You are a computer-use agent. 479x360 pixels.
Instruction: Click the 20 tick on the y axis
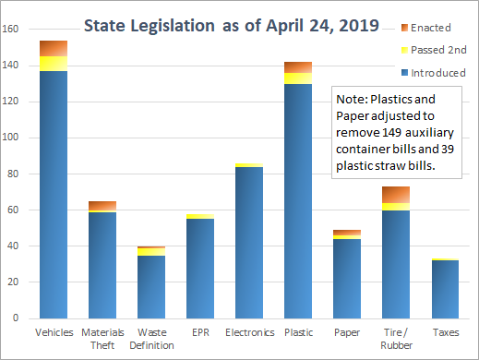click(x=14, y=282)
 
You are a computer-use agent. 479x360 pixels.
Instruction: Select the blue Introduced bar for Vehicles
click(x=53, y=194)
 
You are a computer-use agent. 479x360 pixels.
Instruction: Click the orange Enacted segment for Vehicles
click(x=53, y=48)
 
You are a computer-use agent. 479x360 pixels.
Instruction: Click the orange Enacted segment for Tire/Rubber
click(x=395, y=194)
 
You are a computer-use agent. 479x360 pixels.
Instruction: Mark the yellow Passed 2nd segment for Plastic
click(x=297, y=78)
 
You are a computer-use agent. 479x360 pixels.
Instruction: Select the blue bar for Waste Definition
click(x=150, y=286)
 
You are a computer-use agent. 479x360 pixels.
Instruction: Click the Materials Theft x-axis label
click(x=102, y=338)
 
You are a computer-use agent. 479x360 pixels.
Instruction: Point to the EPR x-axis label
click(x=199, y=331)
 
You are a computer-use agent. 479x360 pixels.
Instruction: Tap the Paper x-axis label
click(x=346, y=331)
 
